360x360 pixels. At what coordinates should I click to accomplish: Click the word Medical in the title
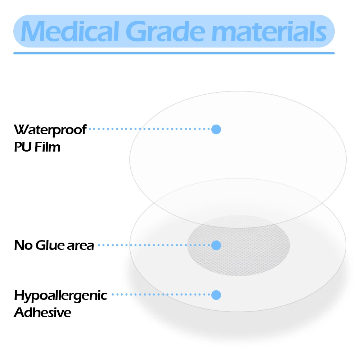(x=70, y=31)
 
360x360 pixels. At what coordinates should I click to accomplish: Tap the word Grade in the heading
(x=165, y=31)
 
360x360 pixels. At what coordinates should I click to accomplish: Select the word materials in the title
(x=269, y=31)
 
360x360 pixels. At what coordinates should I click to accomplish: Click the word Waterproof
(x=50, y=130)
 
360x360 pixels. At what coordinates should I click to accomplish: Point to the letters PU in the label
(x=23, y=147)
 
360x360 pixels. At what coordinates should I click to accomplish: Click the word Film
(x=47, y=147)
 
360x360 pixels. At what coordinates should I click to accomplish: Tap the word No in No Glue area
(x=23, y=245)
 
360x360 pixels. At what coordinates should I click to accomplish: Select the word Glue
(x=50, y=245)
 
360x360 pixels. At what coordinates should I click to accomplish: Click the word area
(x=81, y=246)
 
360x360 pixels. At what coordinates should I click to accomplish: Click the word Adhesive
(x=42, y=312)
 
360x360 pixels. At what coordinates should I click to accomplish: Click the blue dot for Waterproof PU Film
(x=216, y=129)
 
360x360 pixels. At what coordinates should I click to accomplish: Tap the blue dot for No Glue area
(x=216, y=245)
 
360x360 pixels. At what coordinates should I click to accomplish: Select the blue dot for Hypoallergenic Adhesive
(x=216, y=295)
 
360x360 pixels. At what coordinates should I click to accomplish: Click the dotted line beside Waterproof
(x=149, y=129)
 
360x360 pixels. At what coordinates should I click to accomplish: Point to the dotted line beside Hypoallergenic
(x=161, y=294)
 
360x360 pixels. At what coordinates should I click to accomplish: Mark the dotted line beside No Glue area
(x=154, y=245)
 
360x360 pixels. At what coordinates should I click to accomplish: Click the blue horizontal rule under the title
(x=174, y=53)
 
